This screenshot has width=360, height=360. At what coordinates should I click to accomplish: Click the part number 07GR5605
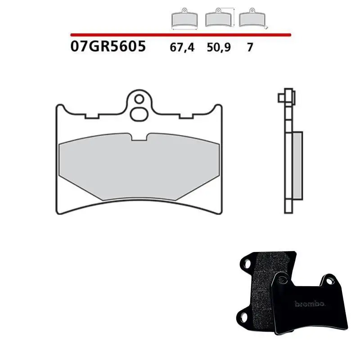pyautogui.click(x=108, y=46)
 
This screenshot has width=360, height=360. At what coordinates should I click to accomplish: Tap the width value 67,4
pyautogui.click(x=182, y=47)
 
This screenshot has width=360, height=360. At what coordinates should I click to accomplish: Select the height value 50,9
pyautogui.click(x=218, y=47)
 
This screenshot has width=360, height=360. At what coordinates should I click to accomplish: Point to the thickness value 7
pyautogui.click(x=250, y=47)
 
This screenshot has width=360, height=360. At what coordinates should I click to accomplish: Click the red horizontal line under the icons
pyautogui.click(x=180, y=34)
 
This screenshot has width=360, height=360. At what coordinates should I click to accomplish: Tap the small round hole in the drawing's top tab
pyautogui.click(x=139, y=98)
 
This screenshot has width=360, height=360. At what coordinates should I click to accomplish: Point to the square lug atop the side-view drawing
pyautogui.click(x=282, y=97)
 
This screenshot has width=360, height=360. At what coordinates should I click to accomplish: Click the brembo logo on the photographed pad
pyautogui.click(x=310, y=304)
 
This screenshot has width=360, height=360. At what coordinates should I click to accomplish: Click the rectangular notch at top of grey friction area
pyautogui.click(x=140, y=137)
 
